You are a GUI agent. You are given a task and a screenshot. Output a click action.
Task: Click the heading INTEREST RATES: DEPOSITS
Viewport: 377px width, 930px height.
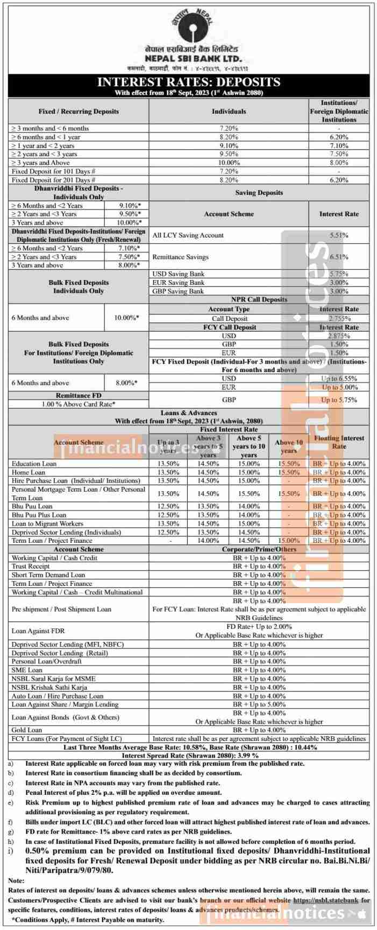[x=188, y=82]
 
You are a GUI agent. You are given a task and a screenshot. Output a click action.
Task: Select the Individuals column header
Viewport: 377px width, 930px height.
[x=229, y=111]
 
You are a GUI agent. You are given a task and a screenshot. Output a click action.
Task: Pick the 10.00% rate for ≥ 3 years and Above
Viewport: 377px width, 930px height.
[x=229, y=163]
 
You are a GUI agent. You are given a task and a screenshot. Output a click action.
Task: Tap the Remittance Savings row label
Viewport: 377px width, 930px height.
[x=180, y=257]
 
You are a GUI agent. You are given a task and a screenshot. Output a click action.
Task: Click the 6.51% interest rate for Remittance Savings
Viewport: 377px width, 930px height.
[x=339, y=257]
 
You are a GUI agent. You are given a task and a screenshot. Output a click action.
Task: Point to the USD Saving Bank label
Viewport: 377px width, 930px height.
[x=179, y=274]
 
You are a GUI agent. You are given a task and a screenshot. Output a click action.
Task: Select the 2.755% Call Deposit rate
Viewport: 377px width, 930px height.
[x=339, y=318]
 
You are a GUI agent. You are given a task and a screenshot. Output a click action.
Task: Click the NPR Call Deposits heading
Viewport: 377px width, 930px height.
[x=259, y=299]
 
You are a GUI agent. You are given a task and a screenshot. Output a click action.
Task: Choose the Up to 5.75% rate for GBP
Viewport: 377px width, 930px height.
[x=339, y=400]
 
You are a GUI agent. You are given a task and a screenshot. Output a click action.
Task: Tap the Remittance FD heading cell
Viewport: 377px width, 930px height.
[x=79, y=395]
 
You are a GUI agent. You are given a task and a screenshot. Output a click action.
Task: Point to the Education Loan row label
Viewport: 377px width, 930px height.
[x=34, y=464]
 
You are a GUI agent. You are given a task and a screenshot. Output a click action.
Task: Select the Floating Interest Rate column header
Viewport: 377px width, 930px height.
[x=339, y=442]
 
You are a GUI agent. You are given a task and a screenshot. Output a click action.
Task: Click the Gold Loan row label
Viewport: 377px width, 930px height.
[x=27, y=730]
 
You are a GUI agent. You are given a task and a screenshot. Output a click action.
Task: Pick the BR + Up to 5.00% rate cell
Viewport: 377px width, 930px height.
[x=259, y=704]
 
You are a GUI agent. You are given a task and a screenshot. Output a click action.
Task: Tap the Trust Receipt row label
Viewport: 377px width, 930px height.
[x=31, y=567]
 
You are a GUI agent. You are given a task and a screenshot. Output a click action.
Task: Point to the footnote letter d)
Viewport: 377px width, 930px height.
[x=11, y=793]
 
